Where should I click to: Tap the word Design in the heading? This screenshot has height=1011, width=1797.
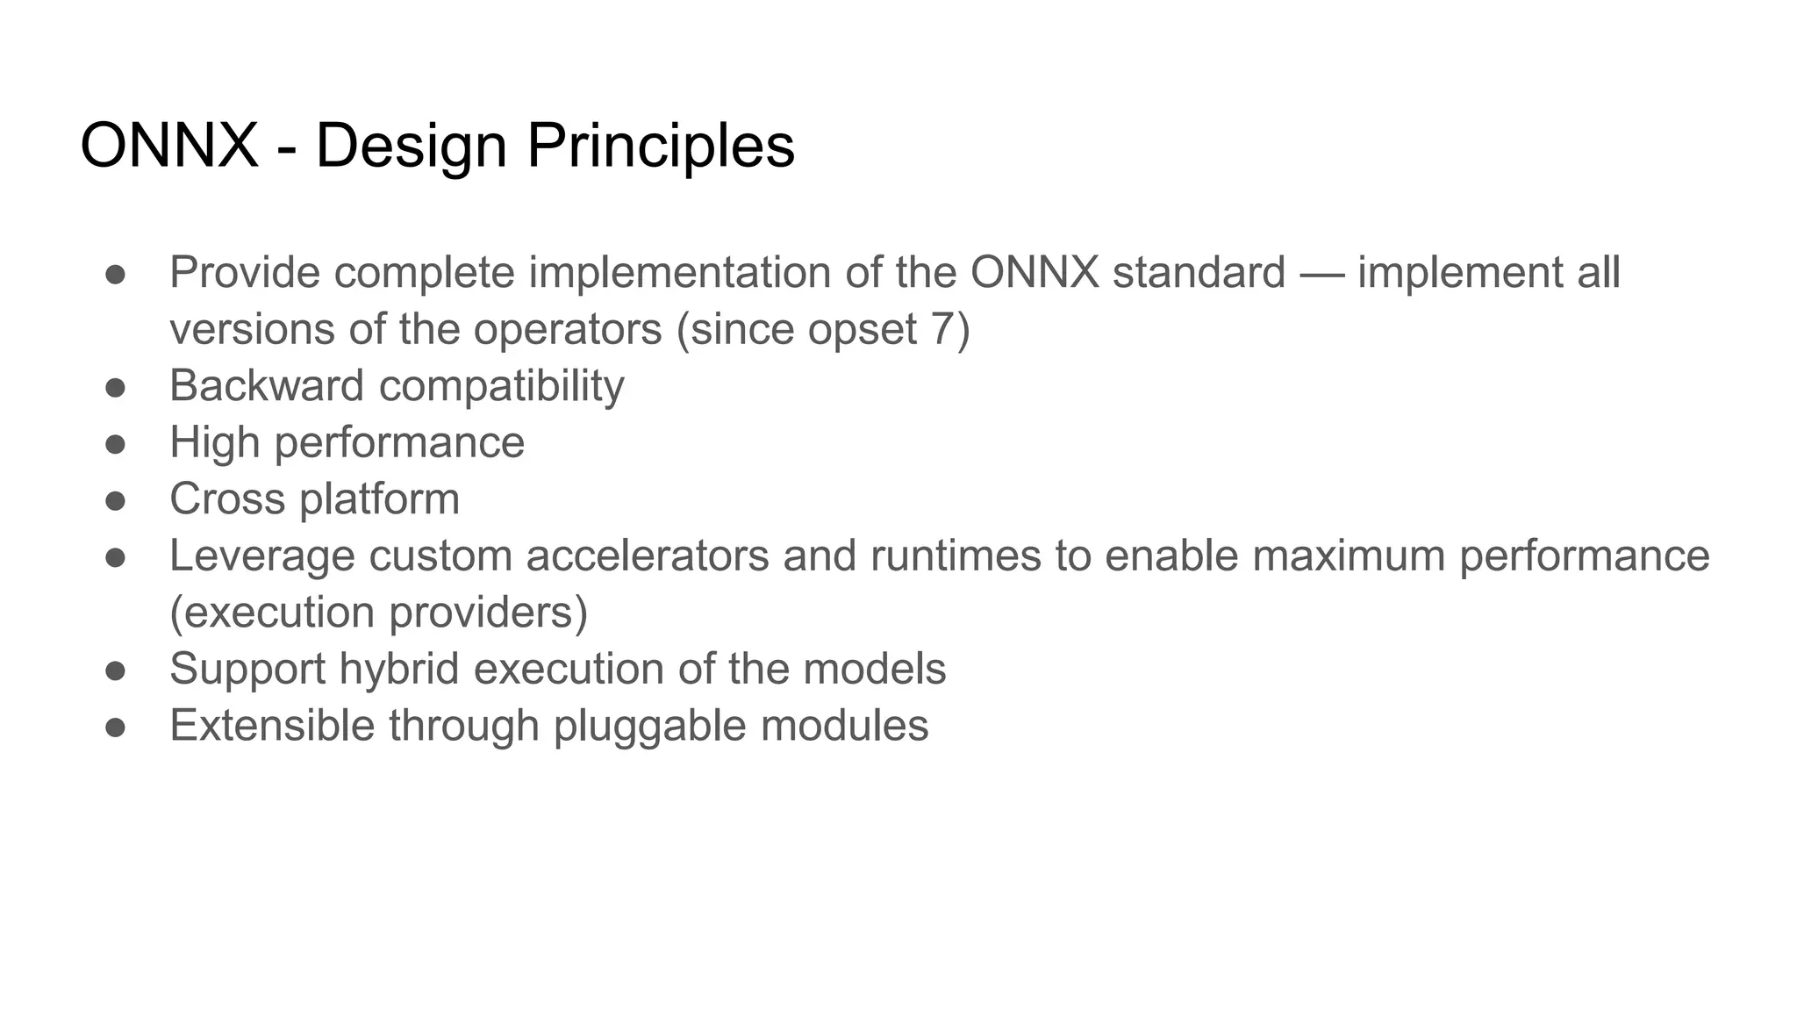tap(411, 146)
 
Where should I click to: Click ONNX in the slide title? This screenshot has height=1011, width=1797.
tap(168, 146)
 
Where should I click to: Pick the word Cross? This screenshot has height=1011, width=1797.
tap(227, 499)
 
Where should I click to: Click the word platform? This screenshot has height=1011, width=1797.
tap(379, 499)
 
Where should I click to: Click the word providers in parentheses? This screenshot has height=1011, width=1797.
tap(488, 613)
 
